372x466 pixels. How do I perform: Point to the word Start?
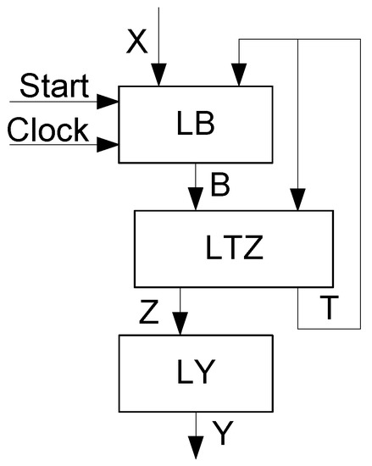tap(53, 86)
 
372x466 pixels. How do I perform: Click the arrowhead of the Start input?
tap(108, 103)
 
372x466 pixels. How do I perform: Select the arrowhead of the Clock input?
tap(108, 145)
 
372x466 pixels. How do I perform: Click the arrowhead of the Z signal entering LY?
tap(180, 325)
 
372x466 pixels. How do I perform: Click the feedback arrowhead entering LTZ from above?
tap(297, 200)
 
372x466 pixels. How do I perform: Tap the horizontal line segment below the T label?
tap(330, 327)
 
